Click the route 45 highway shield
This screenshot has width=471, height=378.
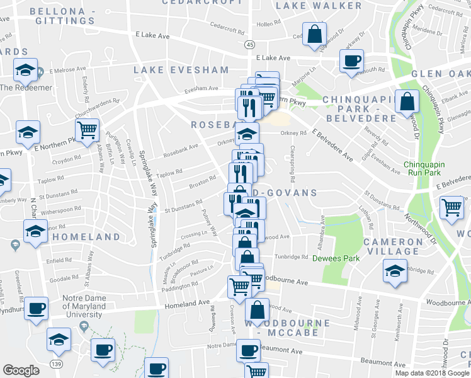(x=250, y=45)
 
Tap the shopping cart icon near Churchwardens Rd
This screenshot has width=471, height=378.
(x=87, y=130)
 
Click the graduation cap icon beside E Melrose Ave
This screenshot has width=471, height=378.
(x=26, y=69)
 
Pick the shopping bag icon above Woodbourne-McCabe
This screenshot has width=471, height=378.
(x=258, y=310)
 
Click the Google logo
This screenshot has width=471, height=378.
(x=21, y=370)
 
